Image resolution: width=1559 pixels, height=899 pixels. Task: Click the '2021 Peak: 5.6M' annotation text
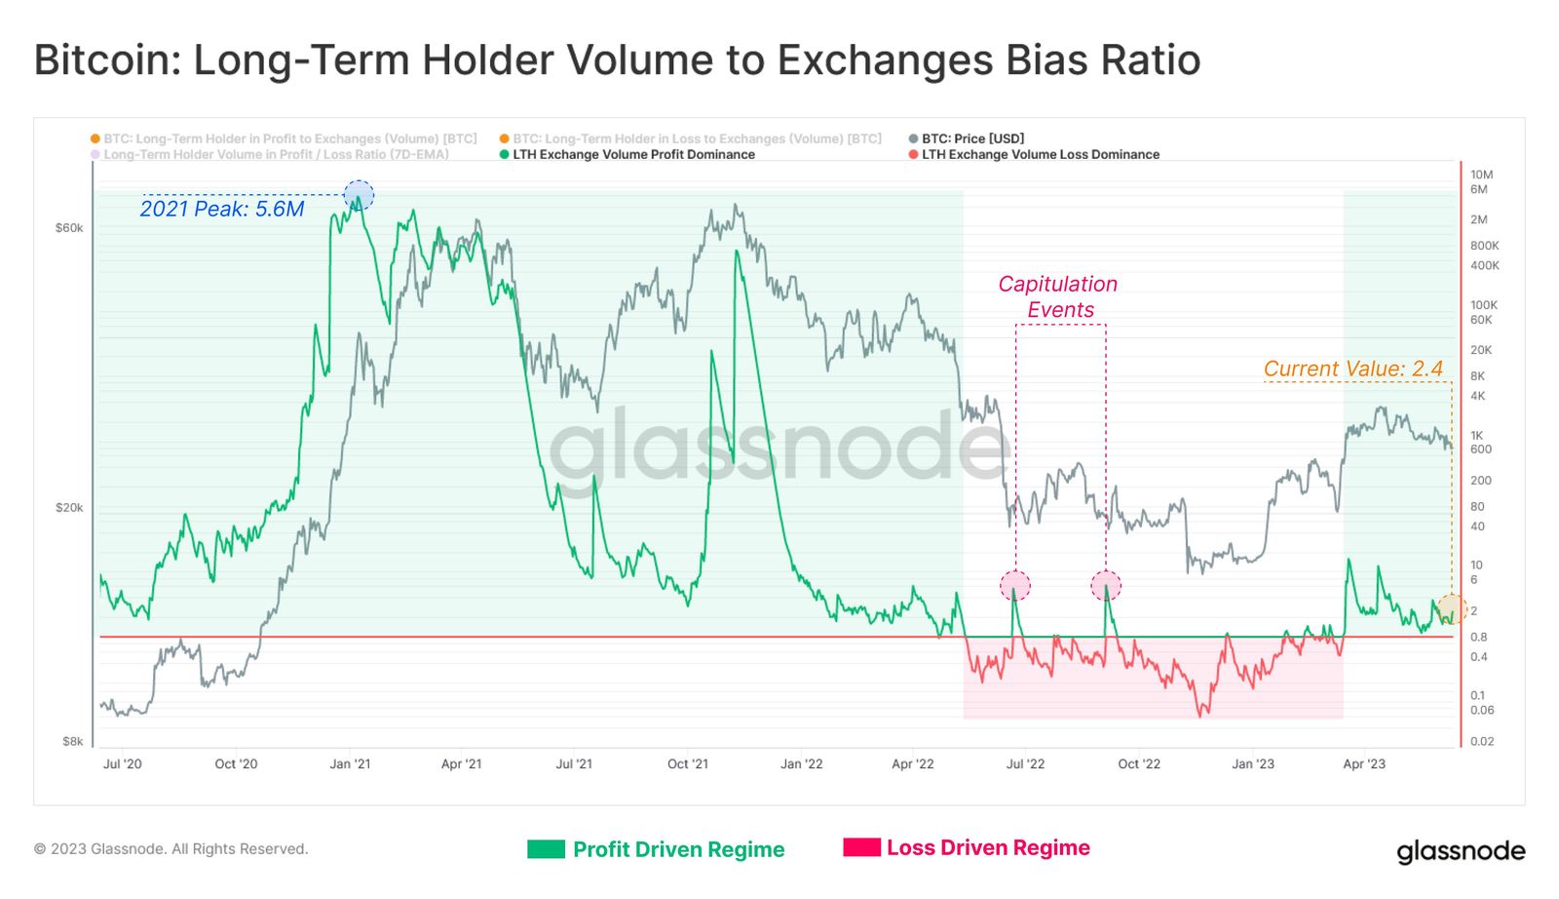coord(222,209)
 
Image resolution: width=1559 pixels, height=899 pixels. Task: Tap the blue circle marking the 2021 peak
coord(359,195)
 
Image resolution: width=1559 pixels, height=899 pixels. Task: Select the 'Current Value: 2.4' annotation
coord(1352,369)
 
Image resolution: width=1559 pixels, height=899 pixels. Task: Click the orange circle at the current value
coord(1451,608)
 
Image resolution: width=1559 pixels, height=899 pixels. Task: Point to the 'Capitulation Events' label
coord(1058,296)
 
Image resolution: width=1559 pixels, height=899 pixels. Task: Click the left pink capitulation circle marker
coord(1015,585)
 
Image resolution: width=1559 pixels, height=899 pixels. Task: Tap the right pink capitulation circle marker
coord(1106,585)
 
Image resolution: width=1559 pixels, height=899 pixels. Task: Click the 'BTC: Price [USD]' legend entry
coord(972,138)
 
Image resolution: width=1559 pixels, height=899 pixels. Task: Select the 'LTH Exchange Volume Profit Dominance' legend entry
coord(633,154)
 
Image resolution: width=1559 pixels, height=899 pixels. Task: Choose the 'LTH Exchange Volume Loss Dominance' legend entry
coord(1040,154)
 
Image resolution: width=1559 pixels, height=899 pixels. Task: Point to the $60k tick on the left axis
coord(69,228)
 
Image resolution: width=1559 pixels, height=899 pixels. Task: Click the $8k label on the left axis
coord(73,741)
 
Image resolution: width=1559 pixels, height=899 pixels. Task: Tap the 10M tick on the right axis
coord(1481,175)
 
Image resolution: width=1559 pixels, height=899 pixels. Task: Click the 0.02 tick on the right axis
coord(1481,741)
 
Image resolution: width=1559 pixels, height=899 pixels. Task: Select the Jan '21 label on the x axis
coord(350,763)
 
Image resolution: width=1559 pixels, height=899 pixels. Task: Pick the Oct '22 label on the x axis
coord(1139,763)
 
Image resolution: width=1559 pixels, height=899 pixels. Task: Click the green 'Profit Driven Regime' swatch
coord(546,849)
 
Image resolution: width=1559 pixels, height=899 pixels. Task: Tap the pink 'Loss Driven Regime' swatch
coord(861,847)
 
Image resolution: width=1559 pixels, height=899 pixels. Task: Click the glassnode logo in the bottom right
coord(1461,851)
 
